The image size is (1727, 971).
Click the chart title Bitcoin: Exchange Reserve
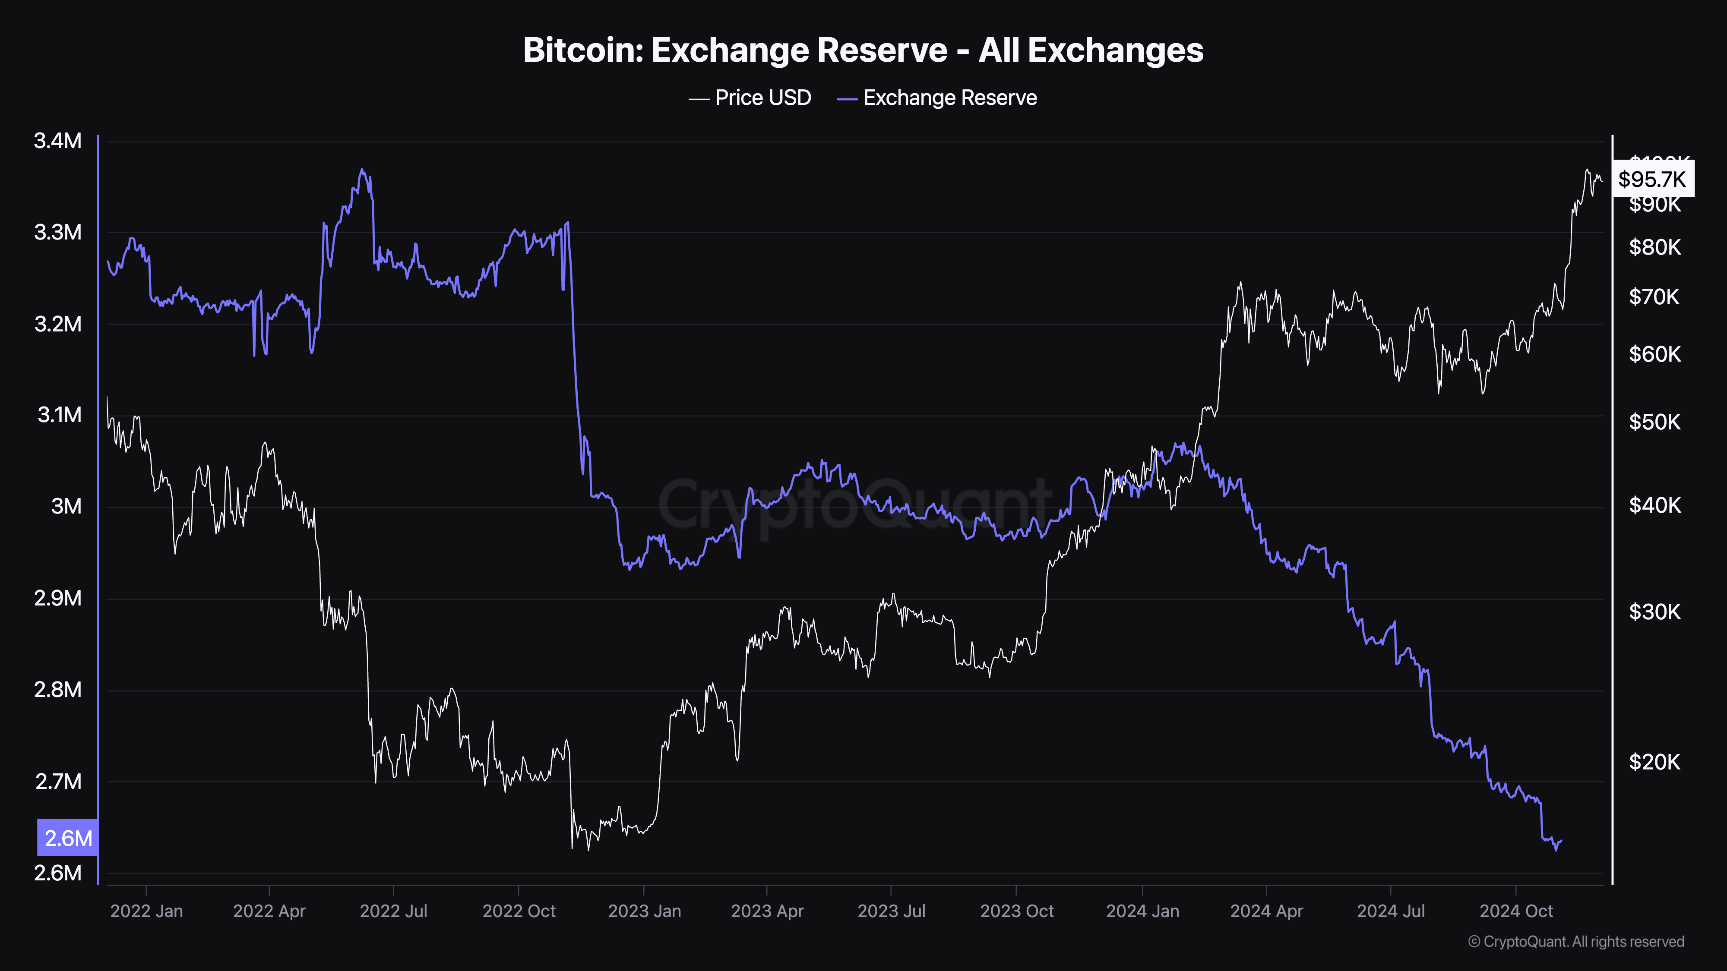pos(863,50)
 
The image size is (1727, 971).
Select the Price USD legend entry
pos(750,98)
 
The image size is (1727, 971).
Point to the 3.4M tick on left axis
pos(58,141)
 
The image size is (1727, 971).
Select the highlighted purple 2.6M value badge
pos(68,838)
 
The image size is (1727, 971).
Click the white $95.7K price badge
pos(1652,179)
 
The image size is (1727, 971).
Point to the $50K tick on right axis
pos(1654,422)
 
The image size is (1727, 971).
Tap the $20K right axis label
pos(1654,762)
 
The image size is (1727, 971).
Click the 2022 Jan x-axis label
pos(146,911)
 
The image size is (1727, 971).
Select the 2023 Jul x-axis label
pos(891,911)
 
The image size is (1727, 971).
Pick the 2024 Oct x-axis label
pos(1516,911)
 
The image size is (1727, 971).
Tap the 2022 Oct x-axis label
pos(519,911)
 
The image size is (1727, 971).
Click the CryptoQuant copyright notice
pos(1575,942)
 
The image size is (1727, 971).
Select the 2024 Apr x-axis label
pos(1266,911)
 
